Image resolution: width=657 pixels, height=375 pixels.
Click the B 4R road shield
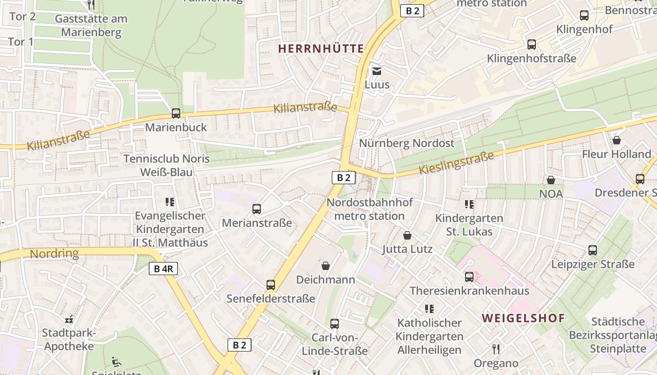pyautogui.click(x=163, y=269)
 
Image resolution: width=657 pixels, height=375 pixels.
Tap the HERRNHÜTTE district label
pyautogui.click(x=321, y=49)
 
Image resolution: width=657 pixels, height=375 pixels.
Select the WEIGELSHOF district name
pyautogui.click(x=523, y=318)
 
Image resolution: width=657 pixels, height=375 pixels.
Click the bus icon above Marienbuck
pyautogui.click(x=176, y=113)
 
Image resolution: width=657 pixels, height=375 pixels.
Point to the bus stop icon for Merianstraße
pyautogui.click(x=257, y=209)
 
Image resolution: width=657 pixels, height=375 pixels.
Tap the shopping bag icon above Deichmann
pyautogui.click(x=326, y=266)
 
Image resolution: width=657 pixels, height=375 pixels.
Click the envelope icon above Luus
pyautogui.click(x=377, y=71)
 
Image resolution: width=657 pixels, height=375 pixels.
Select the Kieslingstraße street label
pyautogui.click(x=456, y=163)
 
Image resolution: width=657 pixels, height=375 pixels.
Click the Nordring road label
pyautogui.click(x=54, y=254)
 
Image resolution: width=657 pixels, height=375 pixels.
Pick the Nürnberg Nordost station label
pyautogui.click(x=407, y=143)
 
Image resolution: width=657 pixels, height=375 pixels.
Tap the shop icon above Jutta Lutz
pyautogui.click(x=407, y=235)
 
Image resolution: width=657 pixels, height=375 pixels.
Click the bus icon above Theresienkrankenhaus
pyautogui.click(x=469, y=277)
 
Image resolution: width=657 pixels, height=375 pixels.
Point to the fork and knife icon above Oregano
pyautogui.click(x=496, y=349)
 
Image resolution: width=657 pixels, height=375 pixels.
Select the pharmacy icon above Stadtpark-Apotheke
pyautogui.click(x=69, y=319)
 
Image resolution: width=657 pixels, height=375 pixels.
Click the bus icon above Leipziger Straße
pyautogui.click(x=593, y=250)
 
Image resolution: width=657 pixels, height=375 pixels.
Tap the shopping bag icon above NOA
pyautogui.click(x=551, y=180)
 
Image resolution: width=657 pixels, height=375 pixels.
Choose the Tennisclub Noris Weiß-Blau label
pyautogui.click(x=166, y=165)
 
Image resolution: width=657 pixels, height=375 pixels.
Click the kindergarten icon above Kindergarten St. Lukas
pyautogui.click(x=469, y=204)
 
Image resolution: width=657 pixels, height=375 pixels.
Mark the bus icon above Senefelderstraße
pyautogui.click(x=271, y=285)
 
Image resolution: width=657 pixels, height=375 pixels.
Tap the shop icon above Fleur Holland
pyautogui.click(x=617, y=140)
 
